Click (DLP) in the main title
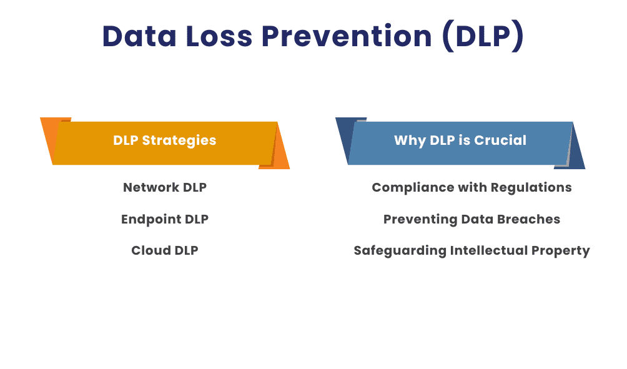[x=482, y=36]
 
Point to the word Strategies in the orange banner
[x=179, y=140]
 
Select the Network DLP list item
[x=165, y=187]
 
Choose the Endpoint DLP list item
[x=165, y=219]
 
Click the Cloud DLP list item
[x=165, y=250]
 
